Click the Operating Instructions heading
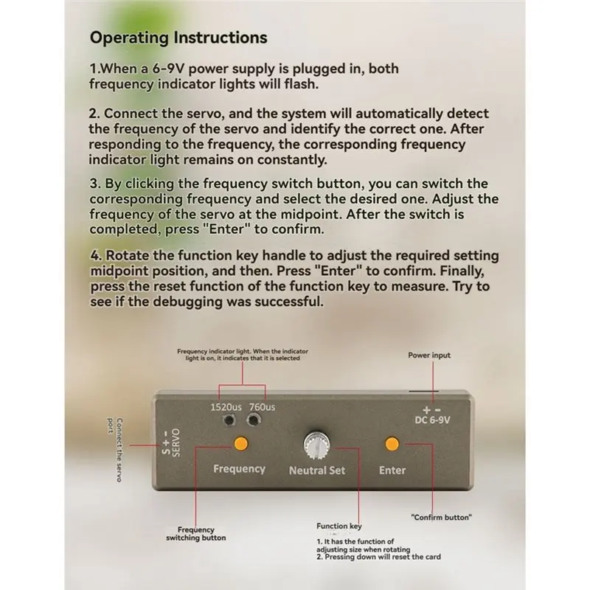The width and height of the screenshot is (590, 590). click(x=178, y=38)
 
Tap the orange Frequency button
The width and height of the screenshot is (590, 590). click(x=241, y=444)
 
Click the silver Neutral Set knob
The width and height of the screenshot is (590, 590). click(x=317, y=445)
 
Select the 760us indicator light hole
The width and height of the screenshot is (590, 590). click(x=253, y=419)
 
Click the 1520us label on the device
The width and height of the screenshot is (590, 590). click(x=226, y=407)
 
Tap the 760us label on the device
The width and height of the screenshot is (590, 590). click(x=262, y=407)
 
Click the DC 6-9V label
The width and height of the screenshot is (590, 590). click(x=432, y=420)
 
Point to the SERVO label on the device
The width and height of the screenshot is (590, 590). click(x=176, y=442)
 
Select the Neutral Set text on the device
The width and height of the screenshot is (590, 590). click(x=317, y=471)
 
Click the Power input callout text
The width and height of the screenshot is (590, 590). click(x=429, y=355)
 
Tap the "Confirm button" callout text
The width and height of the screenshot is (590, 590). click(x=441, y=518)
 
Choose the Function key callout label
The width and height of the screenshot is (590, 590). click(x=339, y=526)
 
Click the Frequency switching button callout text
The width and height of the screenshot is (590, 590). click(x=196, y=534)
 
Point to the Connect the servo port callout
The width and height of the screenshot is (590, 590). click(x=114, y=450)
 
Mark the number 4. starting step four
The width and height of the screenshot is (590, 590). click(x=96, y=255)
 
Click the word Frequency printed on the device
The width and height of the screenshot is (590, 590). click(x=239, y=469)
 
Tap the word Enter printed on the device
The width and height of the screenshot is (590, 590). click(x=392, y=471)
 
